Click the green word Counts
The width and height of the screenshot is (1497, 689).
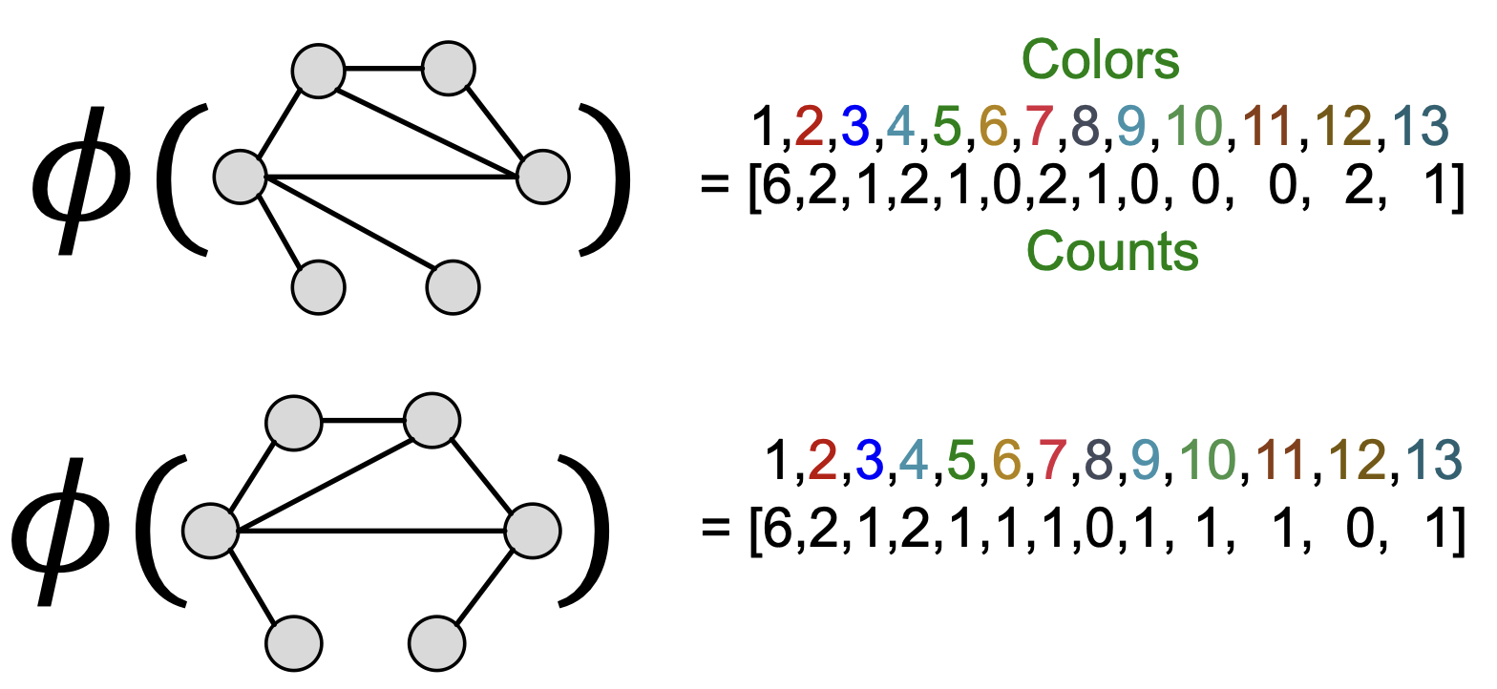(x=1112, y=252)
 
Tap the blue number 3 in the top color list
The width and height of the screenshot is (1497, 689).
(x=855, y=129)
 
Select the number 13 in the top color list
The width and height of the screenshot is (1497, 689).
(x=1420, y=129)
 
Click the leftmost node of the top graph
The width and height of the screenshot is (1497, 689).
(x=239, y=177)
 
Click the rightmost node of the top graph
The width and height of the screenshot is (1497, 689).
(x=543, y=177)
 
